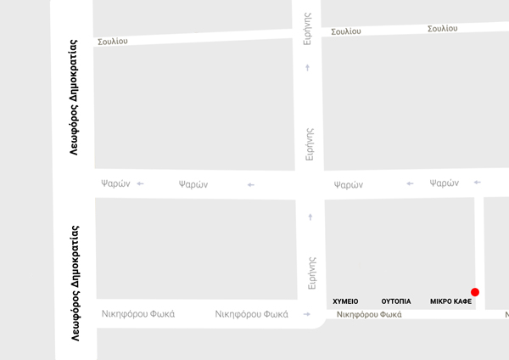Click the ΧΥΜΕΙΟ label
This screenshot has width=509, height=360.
(345, 301)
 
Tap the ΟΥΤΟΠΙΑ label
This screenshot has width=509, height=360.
(396, 301)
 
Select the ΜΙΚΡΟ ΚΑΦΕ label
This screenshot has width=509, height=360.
(450, 301)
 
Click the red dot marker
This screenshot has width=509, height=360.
(475, 292)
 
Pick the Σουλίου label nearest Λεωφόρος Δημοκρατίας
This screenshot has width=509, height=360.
(113, 41)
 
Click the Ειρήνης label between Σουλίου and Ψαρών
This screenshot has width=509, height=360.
(310, 143)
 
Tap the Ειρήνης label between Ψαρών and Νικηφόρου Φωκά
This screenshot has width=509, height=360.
(311, 271)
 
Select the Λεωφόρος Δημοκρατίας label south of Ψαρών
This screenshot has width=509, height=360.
(76, 283)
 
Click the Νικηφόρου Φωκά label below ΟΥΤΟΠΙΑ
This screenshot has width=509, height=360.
(369, 314)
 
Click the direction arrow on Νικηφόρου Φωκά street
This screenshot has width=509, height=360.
(306, 314)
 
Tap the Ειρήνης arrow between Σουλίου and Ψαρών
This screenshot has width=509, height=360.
(308, 66)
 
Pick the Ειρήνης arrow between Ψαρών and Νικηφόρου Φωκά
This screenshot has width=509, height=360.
(310, 217)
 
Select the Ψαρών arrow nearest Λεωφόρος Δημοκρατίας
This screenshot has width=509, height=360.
(140, 183)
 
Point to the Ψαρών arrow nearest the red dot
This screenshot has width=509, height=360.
(477, 182)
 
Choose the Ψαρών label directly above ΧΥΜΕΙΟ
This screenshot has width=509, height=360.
(348, 184)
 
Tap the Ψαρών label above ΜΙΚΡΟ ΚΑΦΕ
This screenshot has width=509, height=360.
(444, 183)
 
